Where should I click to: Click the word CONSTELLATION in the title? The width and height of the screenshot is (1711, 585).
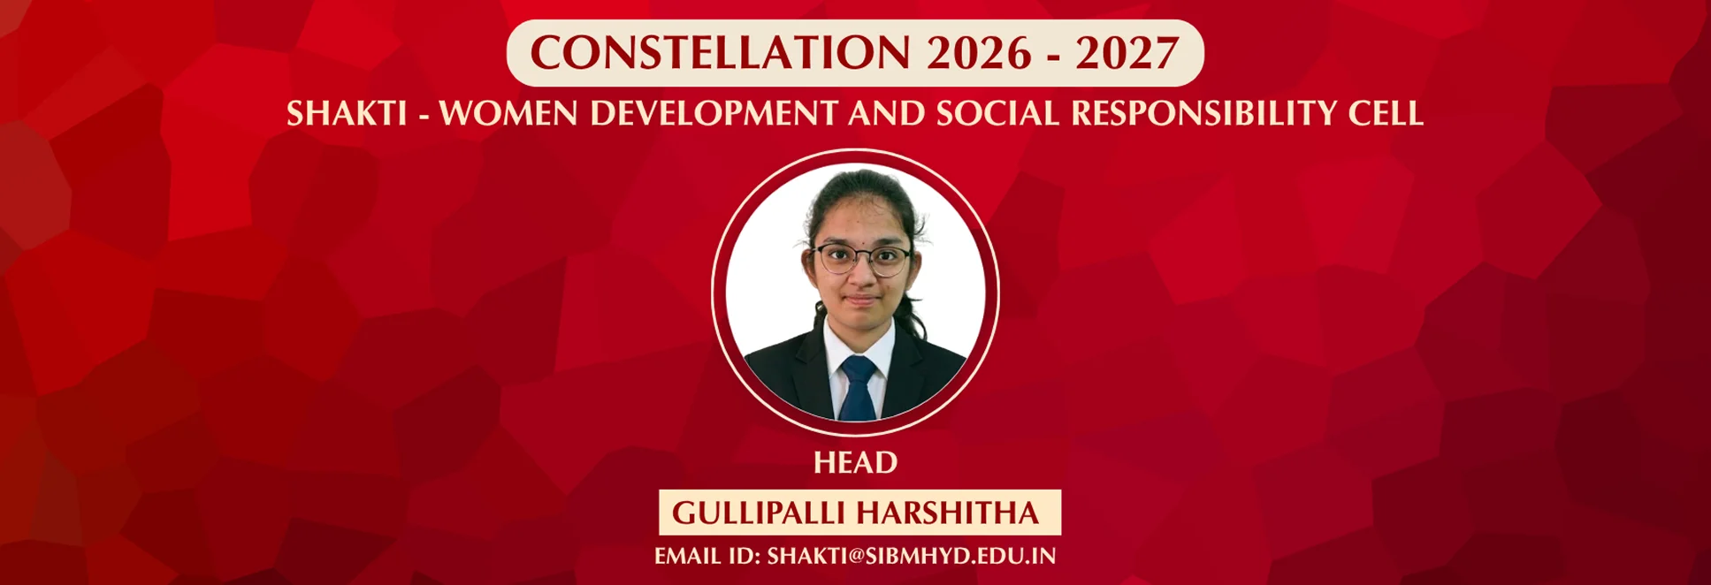click(721, 53)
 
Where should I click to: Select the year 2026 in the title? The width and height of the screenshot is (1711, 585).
click(979, 53)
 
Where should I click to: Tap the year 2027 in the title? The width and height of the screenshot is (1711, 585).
click(1127, 53)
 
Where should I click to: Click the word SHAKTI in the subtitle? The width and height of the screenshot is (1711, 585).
click(347, 113)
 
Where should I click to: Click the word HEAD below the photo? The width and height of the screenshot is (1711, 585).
click(855, 462)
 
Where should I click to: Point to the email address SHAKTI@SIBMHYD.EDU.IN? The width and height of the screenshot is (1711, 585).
click(912, 556)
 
